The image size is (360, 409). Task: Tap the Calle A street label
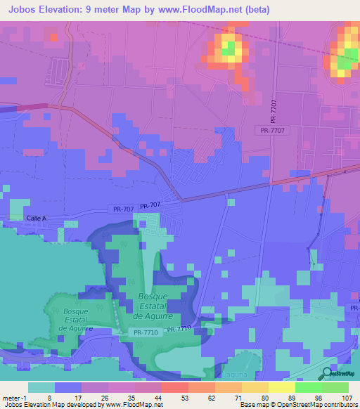[35, 219]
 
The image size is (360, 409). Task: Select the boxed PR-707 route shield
[122, 209]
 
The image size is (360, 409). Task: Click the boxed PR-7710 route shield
[147, 332]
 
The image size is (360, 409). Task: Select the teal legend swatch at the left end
[41, 387]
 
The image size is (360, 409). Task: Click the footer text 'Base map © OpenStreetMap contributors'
[297, 405]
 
